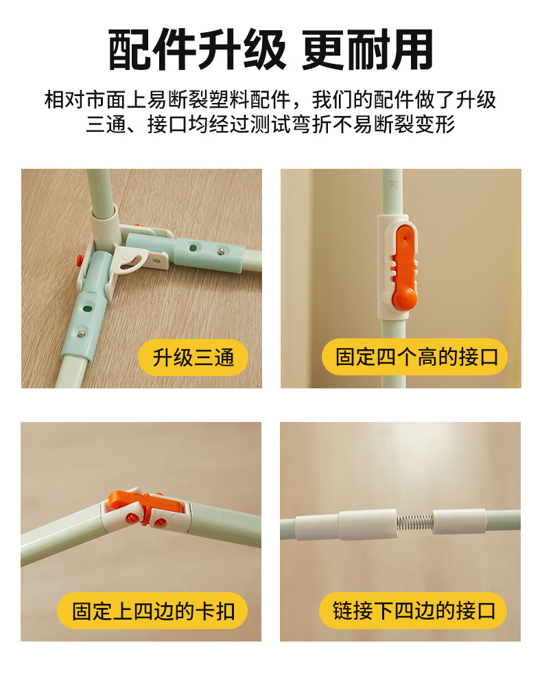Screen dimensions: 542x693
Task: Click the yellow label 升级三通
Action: pos(193,357)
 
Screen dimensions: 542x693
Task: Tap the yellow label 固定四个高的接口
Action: pos(414,357)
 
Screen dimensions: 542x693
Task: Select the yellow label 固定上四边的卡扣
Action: pos(152,611)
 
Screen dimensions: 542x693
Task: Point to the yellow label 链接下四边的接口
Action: pos(413,611)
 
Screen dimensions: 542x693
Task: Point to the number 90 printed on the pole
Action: pos(394,184)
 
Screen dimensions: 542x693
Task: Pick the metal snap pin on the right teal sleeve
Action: pos(221,251)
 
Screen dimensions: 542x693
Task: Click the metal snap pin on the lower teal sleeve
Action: pos(80,333)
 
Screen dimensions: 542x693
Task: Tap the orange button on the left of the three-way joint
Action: pos(80,260)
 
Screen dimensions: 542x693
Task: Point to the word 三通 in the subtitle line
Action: pos(106,125)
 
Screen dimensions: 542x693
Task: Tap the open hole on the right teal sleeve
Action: pos(193,248)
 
